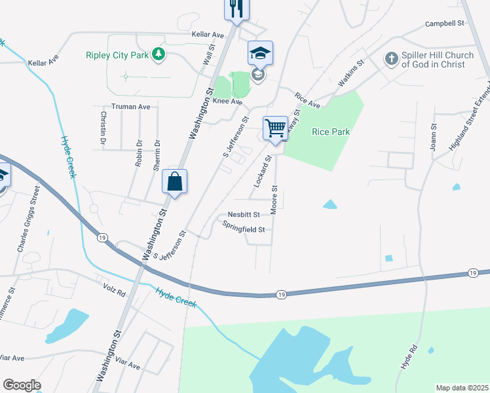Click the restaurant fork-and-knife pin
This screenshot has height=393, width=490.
tap(235, 9)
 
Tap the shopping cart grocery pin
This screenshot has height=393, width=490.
tap(276, 127)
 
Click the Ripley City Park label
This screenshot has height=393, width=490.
tap(117, 55)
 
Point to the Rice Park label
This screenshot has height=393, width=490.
tap(331, 132)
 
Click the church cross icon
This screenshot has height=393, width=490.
tap(392, 60)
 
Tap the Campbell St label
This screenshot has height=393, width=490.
tap(444, 23)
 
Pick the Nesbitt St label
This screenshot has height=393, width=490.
tap(244, 214)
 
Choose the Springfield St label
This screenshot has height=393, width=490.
tap(243, 230)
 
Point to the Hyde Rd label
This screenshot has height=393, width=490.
tap(409, 358)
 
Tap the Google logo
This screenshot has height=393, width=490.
tap(22, 385)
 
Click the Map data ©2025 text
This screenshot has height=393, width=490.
tap(462, 388)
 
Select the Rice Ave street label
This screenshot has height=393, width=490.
tap(307, 100)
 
